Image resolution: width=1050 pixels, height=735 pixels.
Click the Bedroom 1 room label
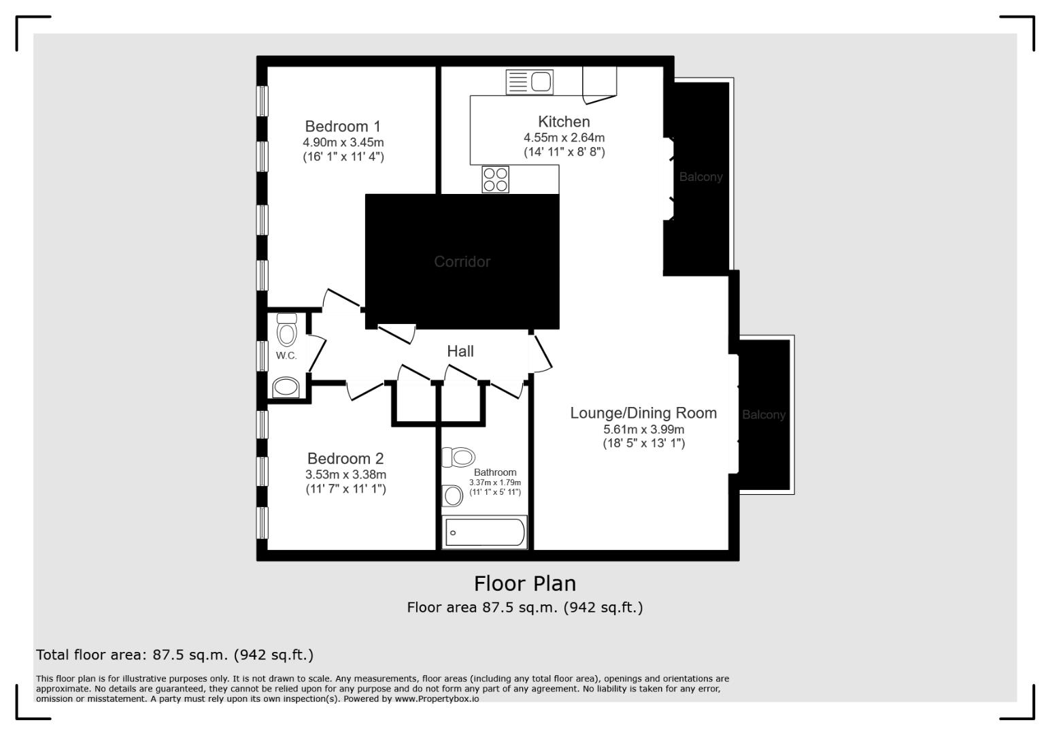pos(343,127)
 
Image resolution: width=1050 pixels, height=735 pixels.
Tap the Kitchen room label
pos(564,122)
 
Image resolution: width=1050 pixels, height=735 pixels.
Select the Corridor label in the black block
pos(462,261)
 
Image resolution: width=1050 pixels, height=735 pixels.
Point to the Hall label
pos(460,351)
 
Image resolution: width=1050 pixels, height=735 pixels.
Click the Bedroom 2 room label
pos(345,459)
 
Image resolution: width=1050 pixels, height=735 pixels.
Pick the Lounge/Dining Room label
pos(643,413)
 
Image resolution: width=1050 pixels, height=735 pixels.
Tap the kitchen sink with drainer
pos(530,82)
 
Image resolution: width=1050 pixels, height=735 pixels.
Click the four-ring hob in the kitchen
pos(495,179)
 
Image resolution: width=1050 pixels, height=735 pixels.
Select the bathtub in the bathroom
pos(485,532)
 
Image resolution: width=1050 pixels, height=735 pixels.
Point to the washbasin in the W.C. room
pos(286,388)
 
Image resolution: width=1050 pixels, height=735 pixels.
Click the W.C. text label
pos(286,356)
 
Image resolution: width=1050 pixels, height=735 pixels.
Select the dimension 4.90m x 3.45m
pos(343,143)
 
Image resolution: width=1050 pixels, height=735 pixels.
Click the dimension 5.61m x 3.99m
pos(643,429)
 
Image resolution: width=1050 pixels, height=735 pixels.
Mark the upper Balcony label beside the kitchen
pos(700,177)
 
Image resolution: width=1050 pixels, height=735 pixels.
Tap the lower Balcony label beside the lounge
pos(763,415)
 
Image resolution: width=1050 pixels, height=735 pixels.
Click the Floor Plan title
pos(524,584)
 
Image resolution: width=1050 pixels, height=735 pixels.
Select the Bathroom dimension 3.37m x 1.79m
pos(495,483)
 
